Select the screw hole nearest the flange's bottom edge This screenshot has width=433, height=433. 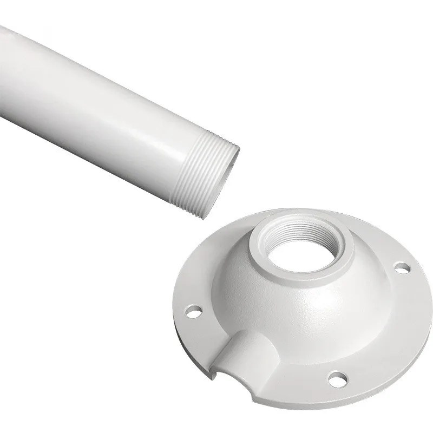click(336, 377)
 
